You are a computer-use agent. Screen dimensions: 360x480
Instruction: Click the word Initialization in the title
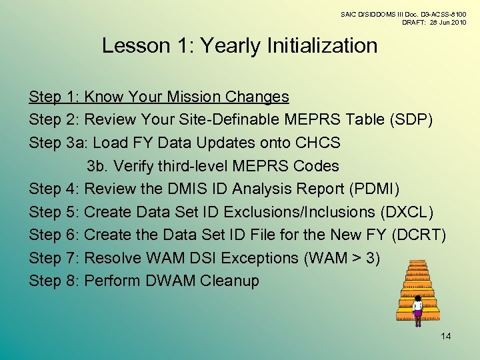tap(322, 46)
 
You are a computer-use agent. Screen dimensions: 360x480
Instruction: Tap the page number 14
tap(446, 335)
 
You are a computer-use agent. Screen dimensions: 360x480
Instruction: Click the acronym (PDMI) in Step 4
tap(374, 189)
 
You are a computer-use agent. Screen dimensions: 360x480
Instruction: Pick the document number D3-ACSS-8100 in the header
tap(439, 13)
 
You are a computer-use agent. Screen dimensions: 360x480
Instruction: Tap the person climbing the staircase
tap(418, 311)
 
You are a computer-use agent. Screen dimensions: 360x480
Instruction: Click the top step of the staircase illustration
tap(417, 263)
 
